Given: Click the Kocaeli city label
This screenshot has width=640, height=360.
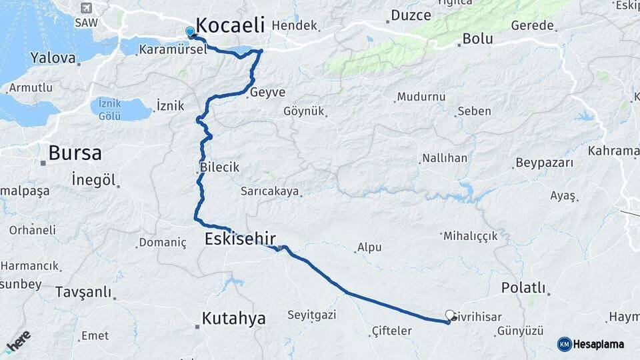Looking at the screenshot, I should (231, 26).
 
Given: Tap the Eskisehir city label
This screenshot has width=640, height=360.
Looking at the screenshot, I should (240, 239).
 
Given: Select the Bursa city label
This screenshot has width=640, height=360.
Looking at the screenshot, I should (75, 153).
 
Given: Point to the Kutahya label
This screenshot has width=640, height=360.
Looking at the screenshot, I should (233, 318).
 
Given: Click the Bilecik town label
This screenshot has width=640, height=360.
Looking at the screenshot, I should (219, 167).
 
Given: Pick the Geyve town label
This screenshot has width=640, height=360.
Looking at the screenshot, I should (267, 93).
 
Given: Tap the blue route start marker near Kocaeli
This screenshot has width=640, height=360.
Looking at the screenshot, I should (190, 31).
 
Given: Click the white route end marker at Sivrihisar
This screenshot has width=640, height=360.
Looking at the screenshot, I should (450, 315).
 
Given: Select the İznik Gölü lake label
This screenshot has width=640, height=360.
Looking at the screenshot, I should (110, 108).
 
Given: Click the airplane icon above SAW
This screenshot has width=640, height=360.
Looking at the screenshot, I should (85, 8).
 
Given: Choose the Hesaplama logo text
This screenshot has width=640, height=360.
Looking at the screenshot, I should (599, 344).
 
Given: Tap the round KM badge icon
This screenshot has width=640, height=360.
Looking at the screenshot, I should (565, 344).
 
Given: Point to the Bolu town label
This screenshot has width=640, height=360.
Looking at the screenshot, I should (478, 39).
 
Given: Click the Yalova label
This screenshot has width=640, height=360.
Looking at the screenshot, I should (53, 58).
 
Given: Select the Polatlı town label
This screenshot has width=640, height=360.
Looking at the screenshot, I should (523, 287).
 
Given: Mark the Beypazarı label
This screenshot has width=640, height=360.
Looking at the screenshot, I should (544, 163).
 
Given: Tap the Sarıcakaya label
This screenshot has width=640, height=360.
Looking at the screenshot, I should (269, 191).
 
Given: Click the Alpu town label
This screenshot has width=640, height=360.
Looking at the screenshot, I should (369, 247).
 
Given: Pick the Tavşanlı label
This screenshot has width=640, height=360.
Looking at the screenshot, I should (83, 292).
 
